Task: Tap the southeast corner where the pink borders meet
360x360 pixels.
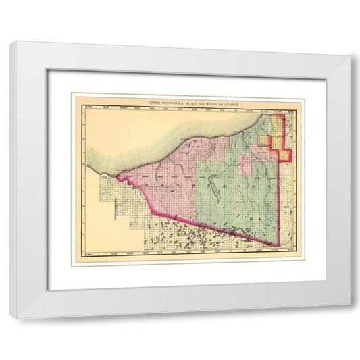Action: click(x=279, y=246)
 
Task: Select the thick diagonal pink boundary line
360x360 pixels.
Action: click(x=203, y=217)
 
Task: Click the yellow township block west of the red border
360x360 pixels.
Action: click(x=265, y=141)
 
